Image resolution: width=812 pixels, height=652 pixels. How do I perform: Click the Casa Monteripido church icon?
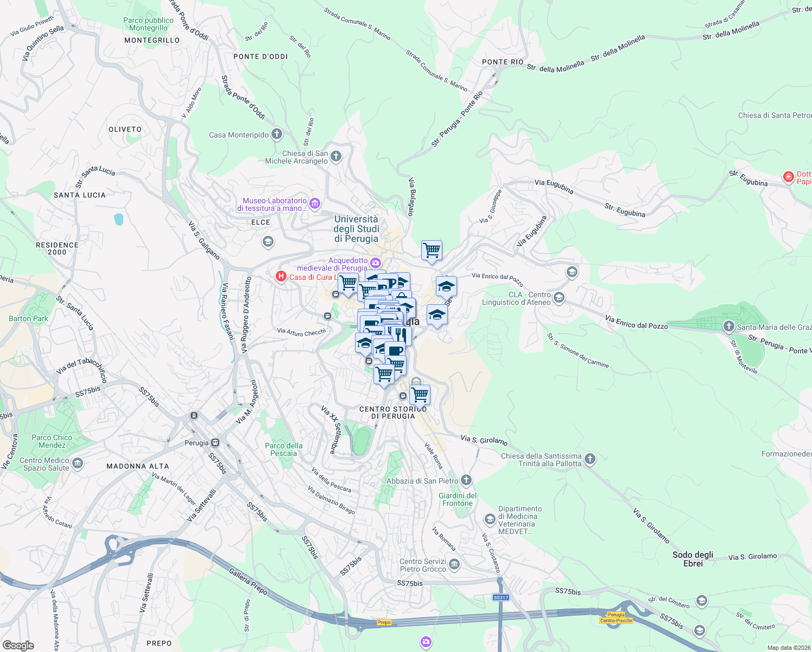277,134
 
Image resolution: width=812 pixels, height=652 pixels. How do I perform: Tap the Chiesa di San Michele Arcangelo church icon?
336,157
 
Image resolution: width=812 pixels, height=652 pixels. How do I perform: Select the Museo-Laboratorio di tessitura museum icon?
315,204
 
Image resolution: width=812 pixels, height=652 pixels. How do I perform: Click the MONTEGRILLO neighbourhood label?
152,40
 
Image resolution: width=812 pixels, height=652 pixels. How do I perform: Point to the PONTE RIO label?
503,62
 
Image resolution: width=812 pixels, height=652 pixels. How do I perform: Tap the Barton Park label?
28,318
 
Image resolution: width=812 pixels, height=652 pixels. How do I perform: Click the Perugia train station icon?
215,442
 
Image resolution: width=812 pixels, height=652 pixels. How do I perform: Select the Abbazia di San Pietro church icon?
466,480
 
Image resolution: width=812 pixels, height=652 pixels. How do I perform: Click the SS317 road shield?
500,598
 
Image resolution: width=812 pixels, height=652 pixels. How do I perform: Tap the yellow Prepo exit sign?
384,622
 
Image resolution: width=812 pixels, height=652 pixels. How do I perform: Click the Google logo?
18,645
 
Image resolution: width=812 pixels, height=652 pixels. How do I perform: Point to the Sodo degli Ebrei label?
693,559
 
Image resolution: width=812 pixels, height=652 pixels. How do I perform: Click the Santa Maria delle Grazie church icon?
729,327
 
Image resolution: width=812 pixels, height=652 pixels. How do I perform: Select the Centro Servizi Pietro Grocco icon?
454,565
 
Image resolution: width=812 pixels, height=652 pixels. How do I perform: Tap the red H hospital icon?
281,277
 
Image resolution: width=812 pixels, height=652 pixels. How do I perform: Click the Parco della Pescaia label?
283,449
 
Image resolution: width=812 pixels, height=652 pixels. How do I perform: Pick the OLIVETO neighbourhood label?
125,129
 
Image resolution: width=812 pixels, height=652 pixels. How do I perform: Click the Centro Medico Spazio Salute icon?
77,463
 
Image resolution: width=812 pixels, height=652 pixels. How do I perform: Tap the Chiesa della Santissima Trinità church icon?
589,460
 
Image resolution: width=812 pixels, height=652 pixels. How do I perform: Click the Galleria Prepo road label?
248,581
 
